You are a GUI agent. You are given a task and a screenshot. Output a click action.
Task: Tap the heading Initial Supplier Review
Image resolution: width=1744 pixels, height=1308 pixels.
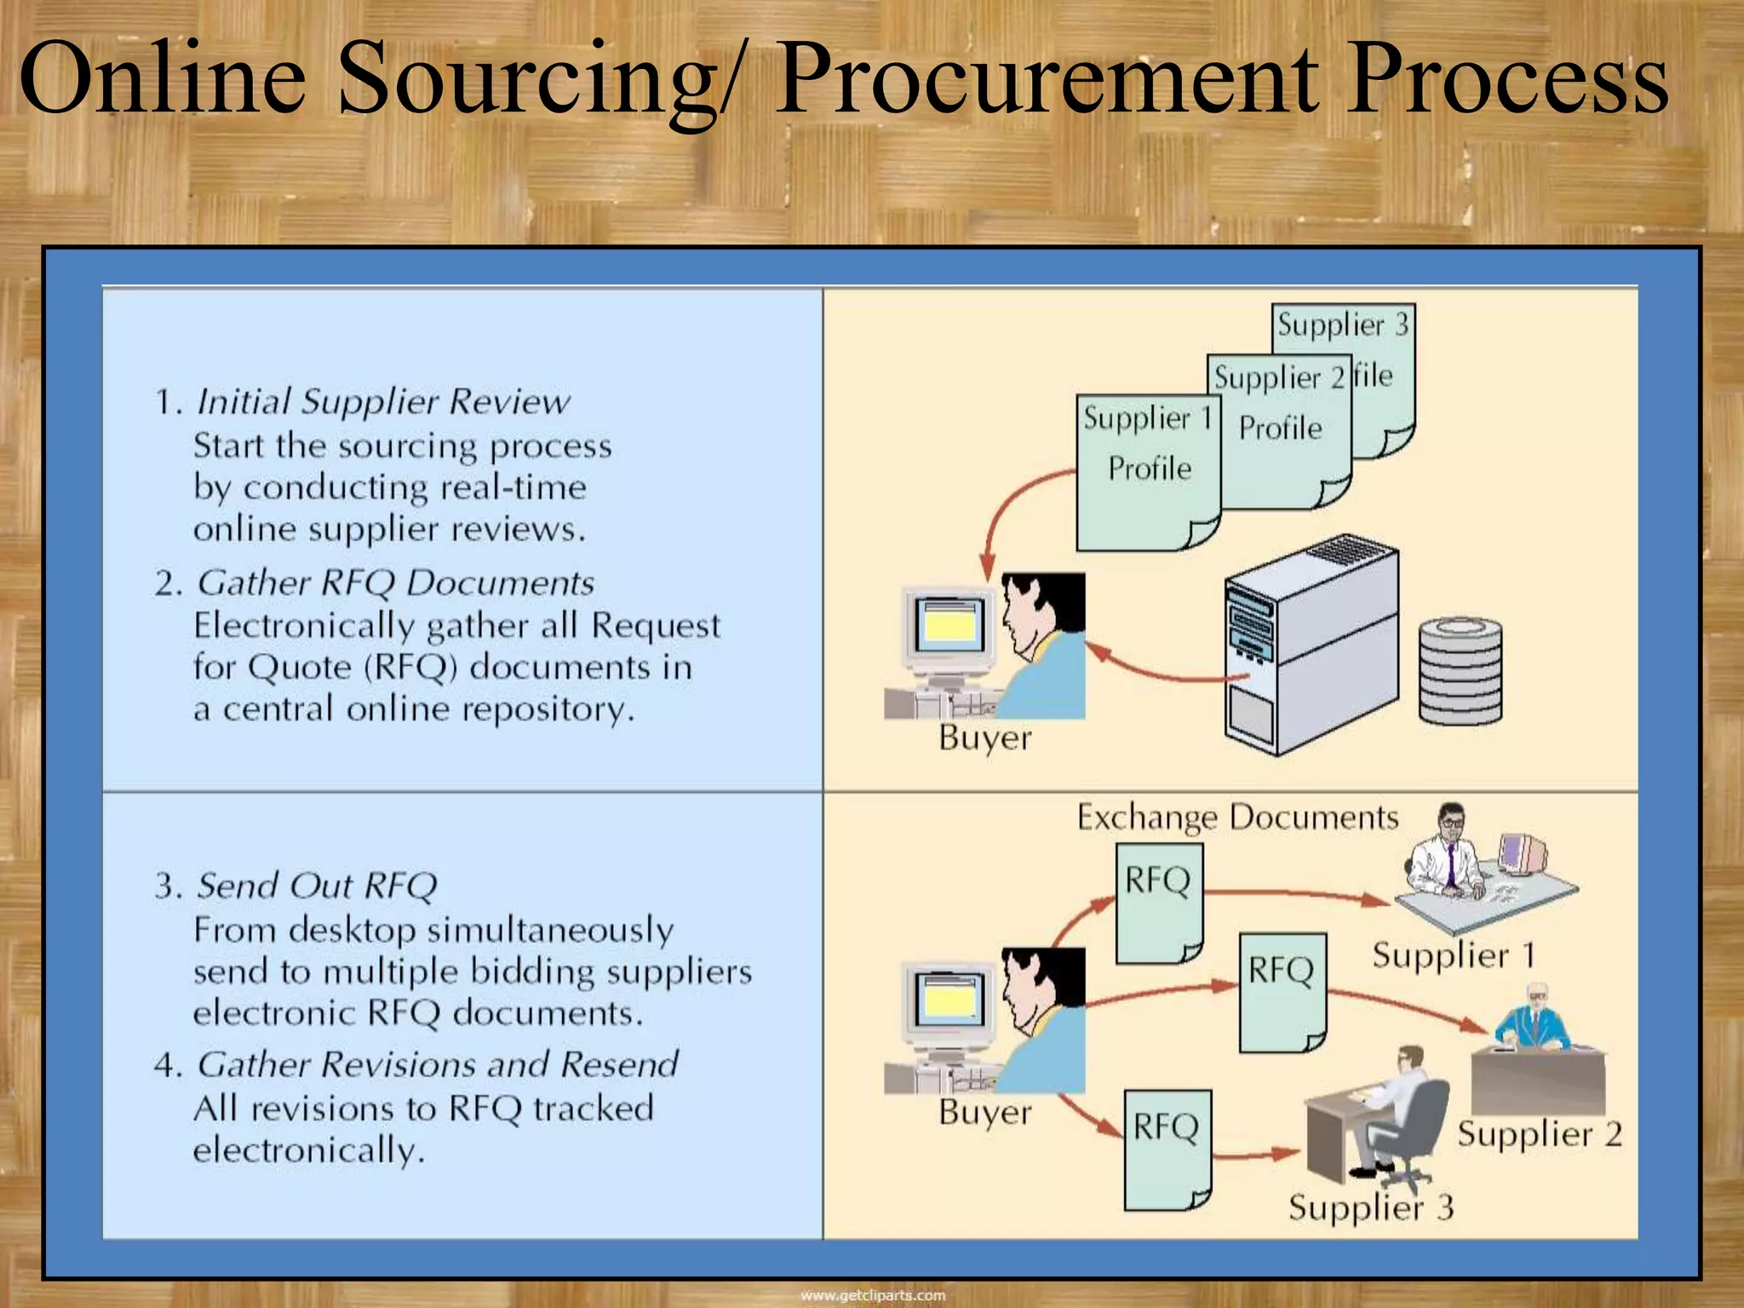[x=382, y=401]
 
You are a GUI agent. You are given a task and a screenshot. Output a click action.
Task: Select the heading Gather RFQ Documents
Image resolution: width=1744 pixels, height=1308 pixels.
[x=395, y=583]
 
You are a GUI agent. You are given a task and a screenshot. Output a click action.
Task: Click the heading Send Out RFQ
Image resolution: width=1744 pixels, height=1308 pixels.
[x=316, y=886]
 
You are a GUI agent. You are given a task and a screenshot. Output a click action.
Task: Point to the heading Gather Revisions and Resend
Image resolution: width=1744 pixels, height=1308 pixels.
[x=438, y=1064]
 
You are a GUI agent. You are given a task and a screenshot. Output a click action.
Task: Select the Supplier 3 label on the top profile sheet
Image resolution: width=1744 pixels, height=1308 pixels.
[x=1342, y=325]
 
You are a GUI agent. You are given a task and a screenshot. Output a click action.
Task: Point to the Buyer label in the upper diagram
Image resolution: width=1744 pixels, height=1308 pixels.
[x=984, y=737]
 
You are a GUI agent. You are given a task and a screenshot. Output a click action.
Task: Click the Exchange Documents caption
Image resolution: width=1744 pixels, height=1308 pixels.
[x=1237, y=817]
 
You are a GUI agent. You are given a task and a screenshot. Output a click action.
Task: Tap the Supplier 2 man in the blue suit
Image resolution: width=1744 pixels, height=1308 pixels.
[x=1534, y=1022]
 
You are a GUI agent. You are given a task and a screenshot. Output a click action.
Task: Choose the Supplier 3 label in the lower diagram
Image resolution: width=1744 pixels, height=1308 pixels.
[x=1370, y=1208]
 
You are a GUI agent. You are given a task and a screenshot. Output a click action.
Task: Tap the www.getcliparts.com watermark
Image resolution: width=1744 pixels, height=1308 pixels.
[x=872, y=1295]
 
